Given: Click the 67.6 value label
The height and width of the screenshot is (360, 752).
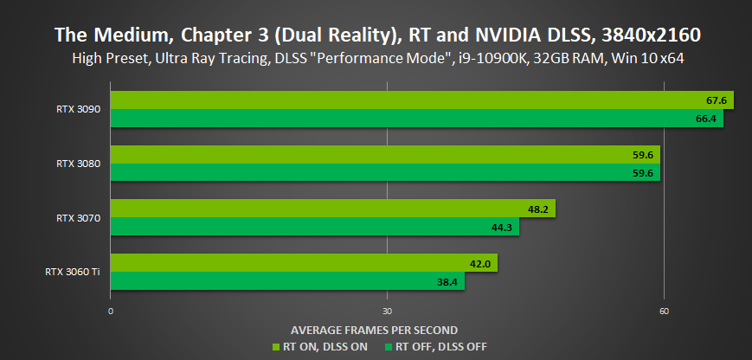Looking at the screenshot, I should point(717,100).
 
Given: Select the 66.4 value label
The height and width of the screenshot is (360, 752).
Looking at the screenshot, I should point(707,119).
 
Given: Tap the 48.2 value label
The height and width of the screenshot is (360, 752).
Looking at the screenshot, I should point(537,209).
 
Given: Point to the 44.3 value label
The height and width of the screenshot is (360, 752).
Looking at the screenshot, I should point(501,227).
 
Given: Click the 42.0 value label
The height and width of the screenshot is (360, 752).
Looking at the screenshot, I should point(480,263).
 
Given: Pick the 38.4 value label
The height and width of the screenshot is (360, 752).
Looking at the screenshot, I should point(447,281).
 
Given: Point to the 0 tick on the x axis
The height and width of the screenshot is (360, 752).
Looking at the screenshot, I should point(111,312).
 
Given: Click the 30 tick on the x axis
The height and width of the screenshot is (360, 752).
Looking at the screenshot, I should point(387,312).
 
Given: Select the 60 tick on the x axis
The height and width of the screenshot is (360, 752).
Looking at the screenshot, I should point(663,312).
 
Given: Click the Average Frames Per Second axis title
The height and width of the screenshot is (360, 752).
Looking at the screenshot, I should point(374,330).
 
